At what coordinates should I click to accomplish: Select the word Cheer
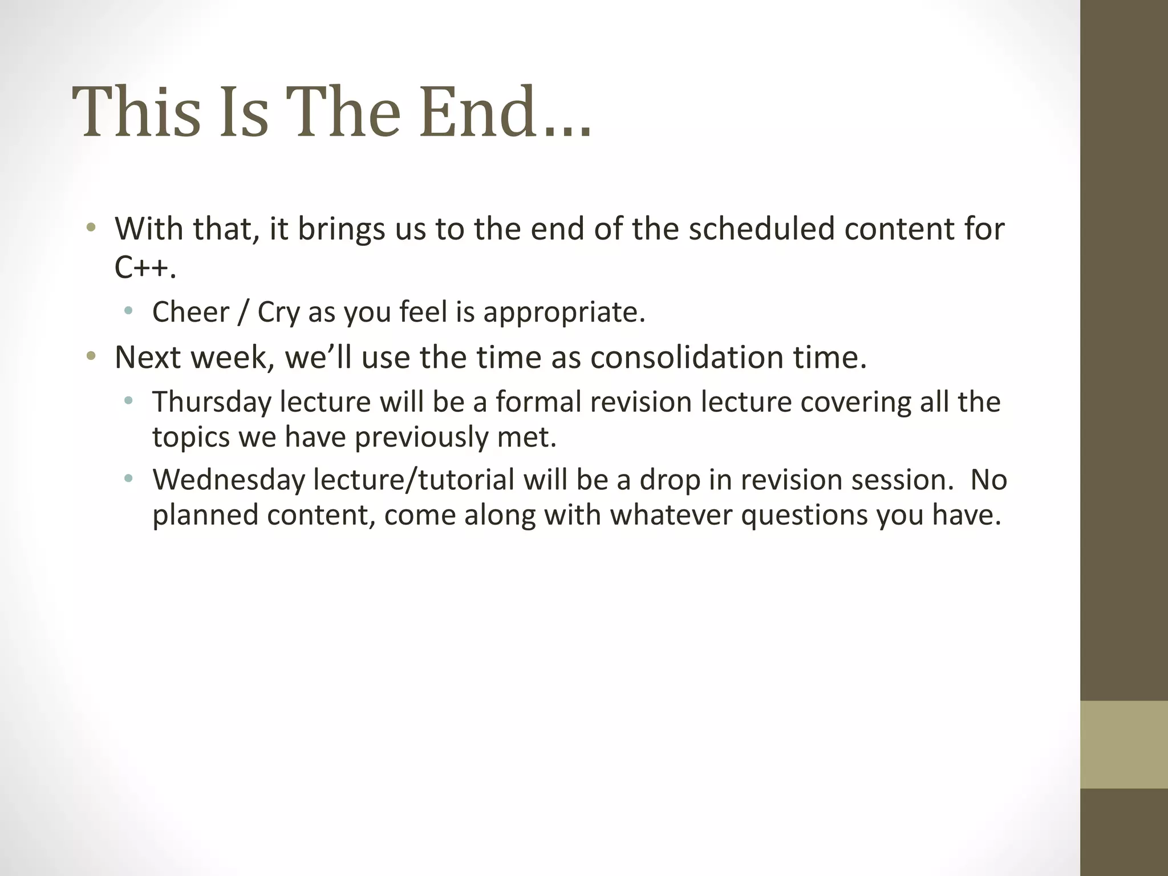[190, 312]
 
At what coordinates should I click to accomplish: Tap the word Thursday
[212, 402]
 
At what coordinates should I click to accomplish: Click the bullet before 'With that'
[90, 229]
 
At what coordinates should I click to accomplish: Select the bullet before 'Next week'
[90, 358]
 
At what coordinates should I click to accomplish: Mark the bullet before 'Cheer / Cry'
[129, 312]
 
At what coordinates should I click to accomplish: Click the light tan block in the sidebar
[1124, 744]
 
